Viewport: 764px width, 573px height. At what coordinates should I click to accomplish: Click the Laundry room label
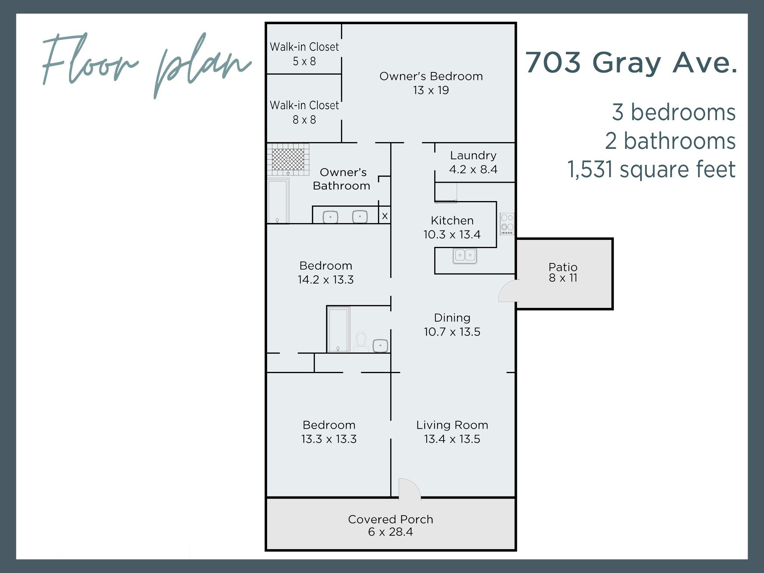(473, 155)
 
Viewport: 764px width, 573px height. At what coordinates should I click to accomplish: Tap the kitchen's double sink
(465, 256)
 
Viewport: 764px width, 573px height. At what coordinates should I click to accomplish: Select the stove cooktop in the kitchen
(507, 224)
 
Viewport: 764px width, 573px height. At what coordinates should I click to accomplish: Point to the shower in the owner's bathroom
(288, 159)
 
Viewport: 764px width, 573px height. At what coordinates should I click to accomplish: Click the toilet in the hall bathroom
(361, 341)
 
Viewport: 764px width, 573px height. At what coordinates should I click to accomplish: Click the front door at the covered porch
(409, 489)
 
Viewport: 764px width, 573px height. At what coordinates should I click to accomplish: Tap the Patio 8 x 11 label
(563, 272)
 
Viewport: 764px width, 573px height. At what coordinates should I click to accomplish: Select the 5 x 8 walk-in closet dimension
(304, 61)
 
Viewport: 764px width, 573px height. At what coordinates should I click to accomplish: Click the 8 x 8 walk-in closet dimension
(304, 120)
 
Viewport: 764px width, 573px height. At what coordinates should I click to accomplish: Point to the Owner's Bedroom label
(431, 76)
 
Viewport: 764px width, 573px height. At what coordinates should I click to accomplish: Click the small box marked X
(385, 216)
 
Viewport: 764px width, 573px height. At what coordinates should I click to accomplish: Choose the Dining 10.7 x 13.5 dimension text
(452, 332)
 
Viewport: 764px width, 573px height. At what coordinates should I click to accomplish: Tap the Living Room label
(452, 425)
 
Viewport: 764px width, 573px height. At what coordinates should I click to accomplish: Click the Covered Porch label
(390, 519)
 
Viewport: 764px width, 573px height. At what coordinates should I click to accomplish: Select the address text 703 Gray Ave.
(631, 62)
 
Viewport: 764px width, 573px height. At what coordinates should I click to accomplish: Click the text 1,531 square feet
(651, 169)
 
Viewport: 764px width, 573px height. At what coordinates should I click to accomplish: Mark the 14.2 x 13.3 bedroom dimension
(325, 279)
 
